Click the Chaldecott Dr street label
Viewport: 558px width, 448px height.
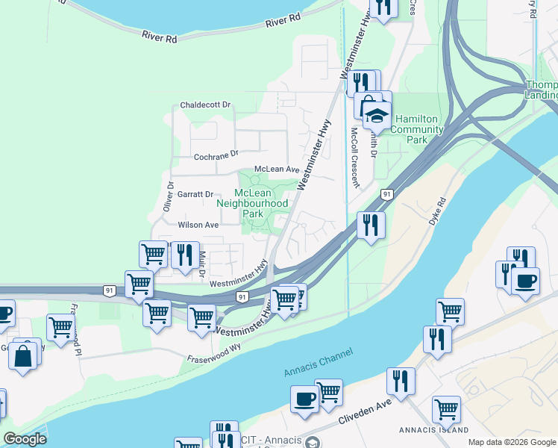point(206,105)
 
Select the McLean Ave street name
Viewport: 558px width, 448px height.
point(276,169)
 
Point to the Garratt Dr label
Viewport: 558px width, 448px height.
point(195,194)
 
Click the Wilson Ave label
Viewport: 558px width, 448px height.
point(198,225)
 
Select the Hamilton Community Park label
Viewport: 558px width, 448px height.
point(419,129)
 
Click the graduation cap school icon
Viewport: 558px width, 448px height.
point(377,116)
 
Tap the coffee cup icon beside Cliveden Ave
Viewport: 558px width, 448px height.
point(304,399)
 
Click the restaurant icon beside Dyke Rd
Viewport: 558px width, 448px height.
point(371,223)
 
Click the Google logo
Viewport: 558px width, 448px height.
point(25,439)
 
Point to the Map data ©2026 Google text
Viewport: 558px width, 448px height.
point(512,442)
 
